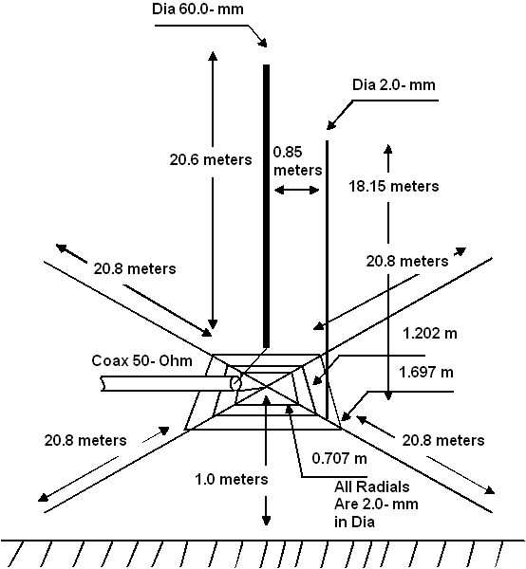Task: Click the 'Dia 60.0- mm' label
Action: coord(197,9)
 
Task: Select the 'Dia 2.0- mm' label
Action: coord(394,85)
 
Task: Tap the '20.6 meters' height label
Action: coord(211,159)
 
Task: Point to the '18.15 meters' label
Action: coord(394,186)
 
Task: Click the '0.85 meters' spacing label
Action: coord(297,161)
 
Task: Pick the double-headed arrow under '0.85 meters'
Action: coord(297,190)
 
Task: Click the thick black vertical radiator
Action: coord(266,206)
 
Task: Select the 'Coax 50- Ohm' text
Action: coord(141,360)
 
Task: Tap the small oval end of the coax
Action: coord(235,383)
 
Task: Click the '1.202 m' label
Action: coord(430,333)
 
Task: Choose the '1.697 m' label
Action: coord(426,373)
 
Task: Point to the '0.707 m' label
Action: coord(339,458)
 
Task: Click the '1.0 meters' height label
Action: coord(232,479)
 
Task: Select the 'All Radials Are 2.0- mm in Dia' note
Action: coord(376,505)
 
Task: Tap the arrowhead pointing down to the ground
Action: coord(266,520)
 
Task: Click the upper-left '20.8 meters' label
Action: coord(135,269)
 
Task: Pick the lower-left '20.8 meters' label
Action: coord(85,441)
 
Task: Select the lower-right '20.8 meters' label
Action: coord(443,441)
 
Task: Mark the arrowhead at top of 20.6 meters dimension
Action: coord(213,56)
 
